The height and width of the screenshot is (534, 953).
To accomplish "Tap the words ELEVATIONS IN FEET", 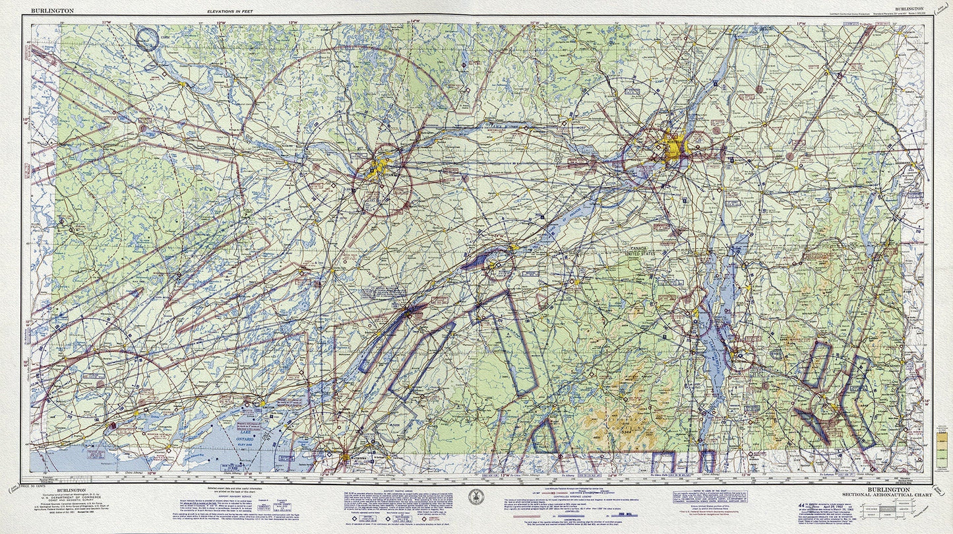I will [x=229, y=12].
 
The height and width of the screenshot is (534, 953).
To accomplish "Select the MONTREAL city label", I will [x=673, y=139].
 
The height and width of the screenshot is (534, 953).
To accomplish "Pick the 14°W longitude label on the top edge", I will [x=415, y=21].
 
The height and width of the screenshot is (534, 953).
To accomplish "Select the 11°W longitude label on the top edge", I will [x=106, y=22].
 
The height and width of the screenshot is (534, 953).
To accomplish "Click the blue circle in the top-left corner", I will [x=146, y=39].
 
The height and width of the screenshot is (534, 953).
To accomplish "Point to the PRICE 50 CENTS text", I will [x=49, y=485].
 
